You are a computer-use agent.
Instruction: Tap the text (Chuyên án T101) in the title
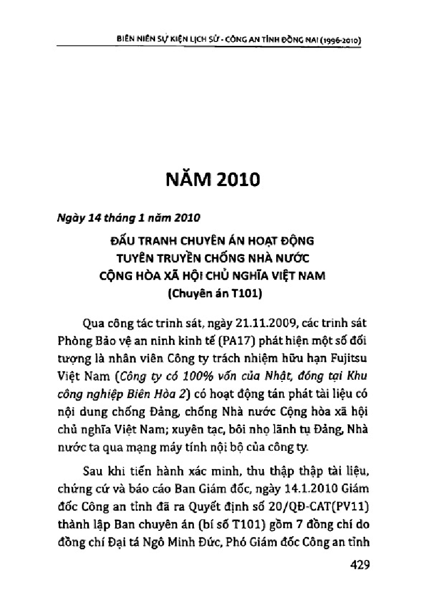click(x=214, y=294)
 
